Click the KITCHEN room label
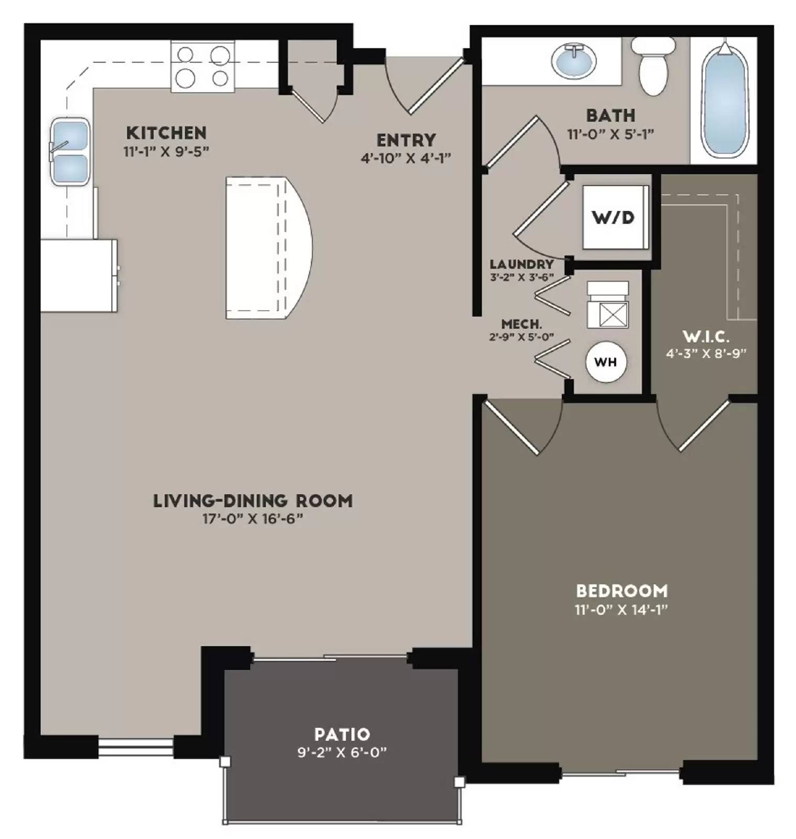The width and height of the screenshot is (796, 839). coord(166,132)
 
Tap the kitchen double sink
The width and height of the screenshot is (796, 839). coord(69,151)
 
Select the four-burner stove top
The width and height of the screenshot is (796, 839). coord(202,67)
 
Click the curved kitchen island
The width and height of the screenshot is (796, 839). coord(267,248)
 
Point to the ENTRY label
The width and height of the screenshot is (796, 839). coord(406,140)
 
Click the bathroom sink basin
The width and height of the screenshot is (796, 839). coord(574,61)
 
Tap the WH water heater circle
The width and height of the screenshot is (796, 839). coord(606,362)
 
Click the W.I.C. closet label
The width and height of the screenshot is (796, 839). coord(706,336)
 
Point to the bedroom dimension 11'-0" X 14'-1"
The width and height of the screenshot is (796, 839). coord(621,610)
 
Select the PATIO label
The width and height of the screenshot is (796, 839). coord(342,734)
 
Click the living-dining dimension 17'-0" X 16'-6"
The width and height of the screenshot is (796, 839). coord(253,519)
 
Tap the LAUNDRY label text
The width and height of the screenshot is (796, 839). coord(521,264)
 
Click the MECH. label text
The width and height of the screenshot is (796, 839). coord(521,325)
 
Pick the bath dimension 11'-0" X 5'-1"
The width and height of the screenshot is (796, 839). coord(610,134)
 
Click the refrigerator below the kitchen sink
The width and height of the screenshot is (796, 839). coord(79,276)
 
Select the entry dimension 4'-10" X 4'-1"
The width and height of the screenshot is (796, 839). coord(406,158)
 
